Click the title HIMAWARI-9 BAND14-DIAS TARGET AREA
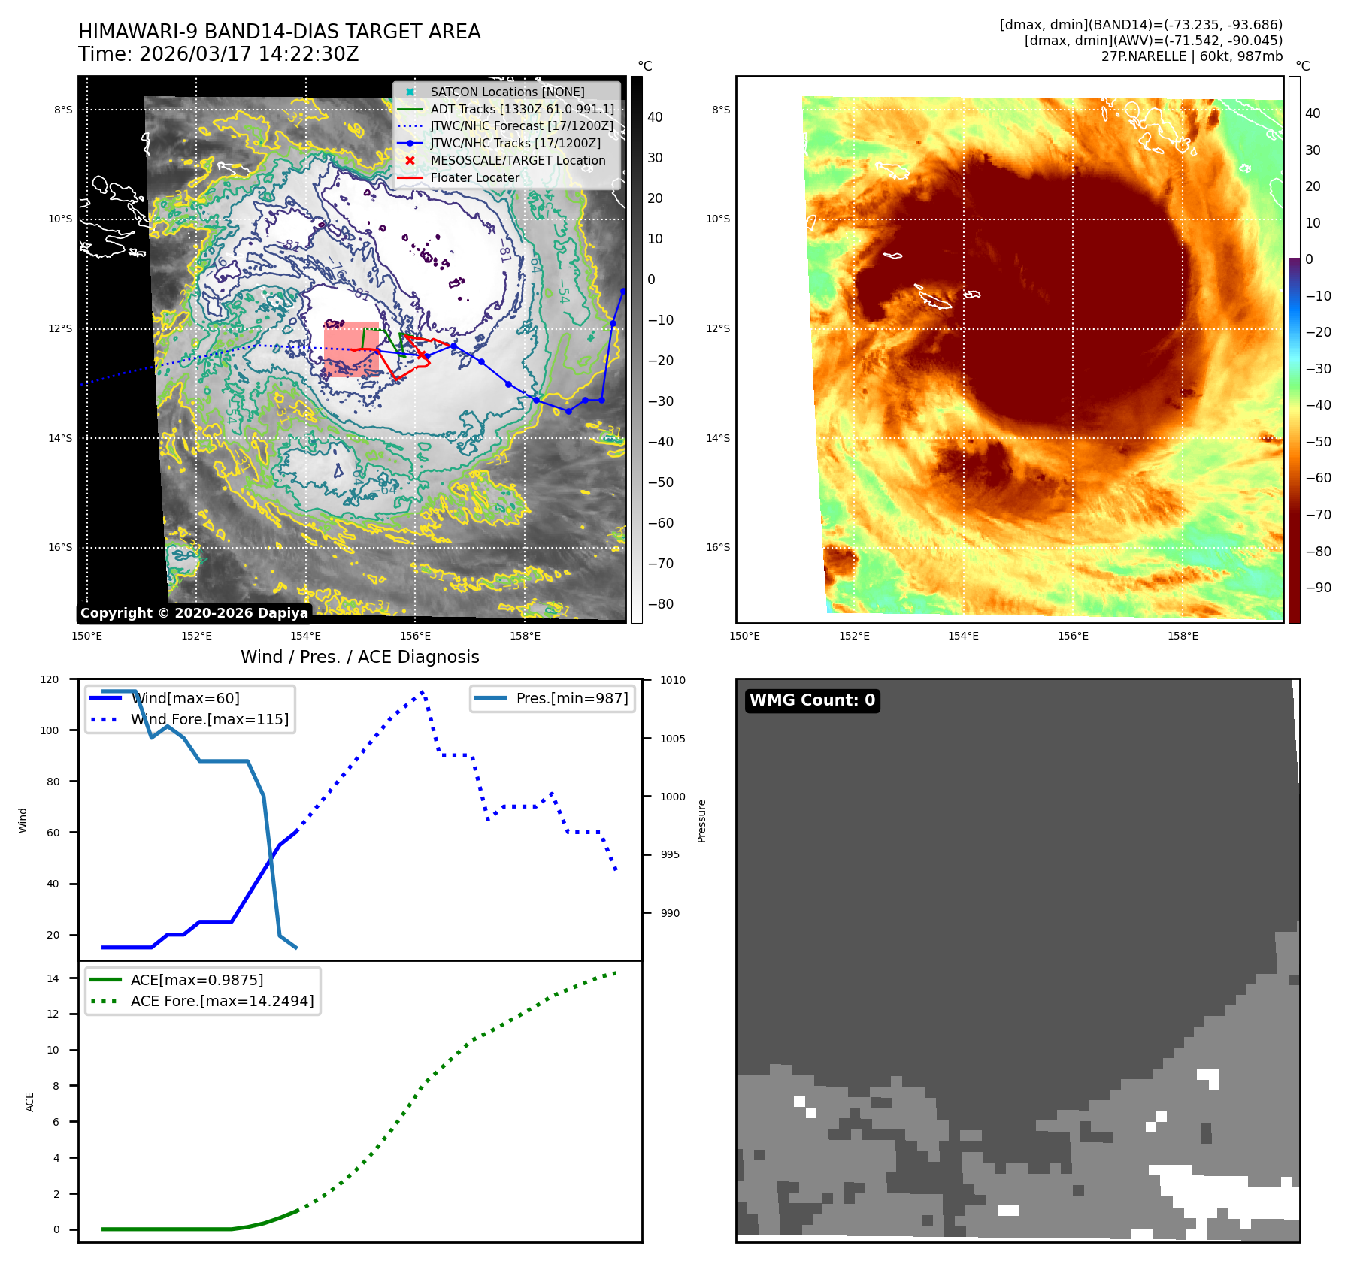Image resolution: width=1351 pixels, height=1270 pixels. [279, 32]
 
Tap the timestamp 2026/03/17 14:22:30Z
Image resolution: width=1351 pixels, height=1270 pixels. [249, 54]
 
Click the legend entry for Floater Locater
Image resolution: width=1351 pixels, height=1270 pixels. [474, 178]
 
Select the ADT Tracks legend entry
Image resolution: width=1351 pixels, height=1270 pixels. [522, 109]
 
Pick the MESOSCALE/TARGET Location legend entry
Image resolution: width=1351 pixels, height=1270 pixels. [517, 161]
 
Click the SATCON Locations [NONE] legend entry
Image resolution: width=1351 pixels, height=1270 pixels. [507, 92]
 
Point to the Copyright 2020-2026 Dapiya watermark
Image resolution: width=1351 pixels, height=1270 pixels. [194, 613]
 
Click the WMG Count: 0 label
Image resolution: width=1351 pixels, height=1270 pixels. [812, 700]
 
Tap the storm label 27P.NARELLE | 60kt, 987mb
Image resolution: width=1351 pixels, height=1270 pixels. [1192, 56]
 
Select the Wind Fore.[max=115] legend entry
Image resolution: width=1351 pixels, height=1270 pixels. [209, 719]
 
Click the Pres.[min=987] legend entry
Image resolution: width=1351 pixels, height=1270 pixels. [571, 698]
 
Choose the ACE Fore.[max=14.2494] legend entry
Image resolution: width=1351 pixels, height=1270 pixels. [222, 1001]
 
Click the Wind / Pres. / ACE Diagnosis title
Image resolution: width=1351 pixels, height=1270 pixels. [359, 657]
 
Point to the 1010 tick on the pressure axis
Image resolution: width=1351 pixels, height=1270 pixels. [673, 681]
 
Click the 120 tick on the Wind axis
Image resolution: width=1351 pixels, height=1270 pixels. [50, 679]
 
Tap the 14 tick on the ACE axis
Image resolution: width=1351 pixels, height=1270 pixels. [53, 978]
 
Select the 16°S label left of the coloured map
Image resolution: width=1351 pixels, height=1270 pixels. [718, 547]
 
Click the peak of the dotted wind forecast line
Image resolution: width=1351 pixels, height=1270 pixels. [423, 691]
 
